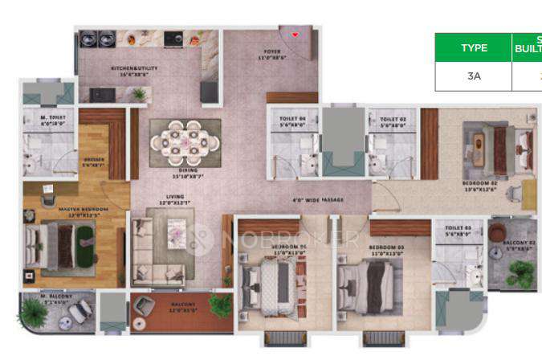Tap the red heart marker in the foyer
click(295, 35)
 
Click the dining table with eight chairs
click(185, 142)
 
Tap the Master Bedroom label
click(78, 211)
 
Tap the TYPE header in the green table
click(474, 47)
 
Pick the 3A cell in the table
click(474, 77)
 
